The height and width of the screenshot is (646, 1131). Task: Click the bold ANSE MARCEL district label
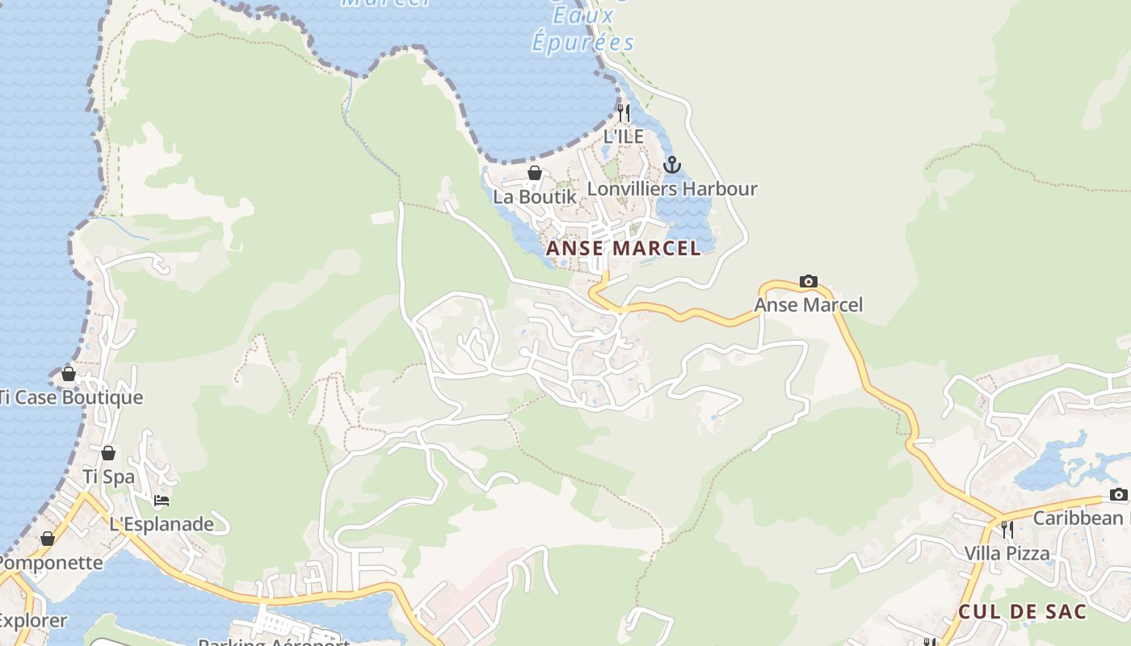click(x=624, y=248)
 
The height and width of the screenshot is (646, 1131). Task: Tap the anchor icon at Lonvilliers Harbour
click(x=671, y=165)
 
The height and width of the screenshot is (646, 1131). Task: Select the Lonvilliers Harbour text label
click(x=672, y=189)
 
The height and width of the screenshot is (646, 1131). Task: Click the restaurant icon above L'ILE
click(x=623, y=112)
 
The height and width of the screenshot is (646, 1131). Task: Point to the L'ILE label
click(x=624, y=136)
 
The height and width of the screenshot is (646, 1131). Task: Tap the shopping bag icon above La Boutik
click(x=534, y=172)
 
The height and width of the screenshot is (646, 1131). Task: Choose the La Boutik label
click(x=535, y=196)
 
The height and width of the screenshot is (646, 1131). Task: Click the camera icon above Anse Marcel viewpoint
click(x=808, y=281)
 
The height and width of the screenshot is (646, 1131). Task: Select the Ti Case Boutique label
click(x=71, y=397)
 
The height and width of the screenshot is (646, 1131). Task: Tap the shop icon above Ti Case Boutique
click(x=69, y=374)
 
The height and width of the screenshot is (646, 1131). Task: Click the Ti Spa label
click(x=108, y=476)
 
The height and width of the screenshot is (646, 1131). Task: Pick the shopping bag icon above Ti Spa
click(x=108, y=453)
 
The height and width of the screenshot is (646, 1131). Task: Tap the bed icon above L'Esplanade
click(x=162, y=501)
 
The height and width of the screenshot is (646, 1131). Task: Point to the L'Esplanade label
click(x=162, y=524)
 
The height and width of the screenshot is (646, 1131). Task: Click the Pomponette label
click(x=52, y=563)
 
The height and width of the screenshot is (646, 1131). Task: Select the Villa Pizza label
click(x=1007, y=553)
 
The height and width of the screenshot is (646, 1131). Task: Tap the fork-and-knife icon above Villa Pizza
click(x=1007, y=529)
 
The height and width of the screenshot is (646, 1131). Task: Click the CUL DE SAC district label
click(x=1023, y=611)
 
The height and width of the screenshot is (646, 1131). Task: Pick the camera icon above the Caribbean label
click(x=1118, y=494)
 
